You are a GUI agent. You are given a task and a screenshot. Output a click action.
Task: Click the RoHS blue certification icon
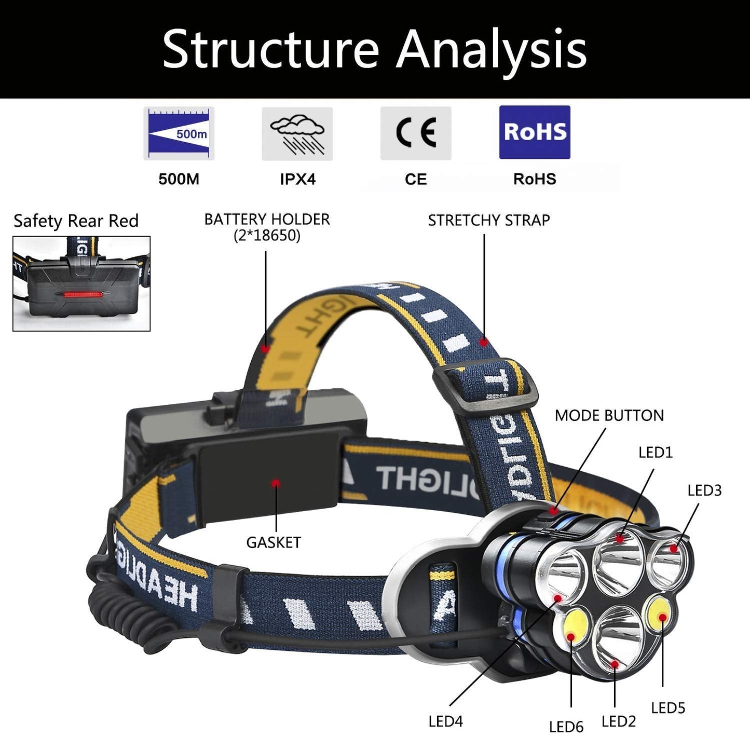(535, 132)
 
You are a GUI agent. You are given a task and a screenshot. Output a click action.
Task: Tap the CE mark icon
(416, 133)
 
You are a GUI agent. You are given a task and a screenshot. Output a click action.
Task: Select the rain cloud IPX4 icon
(297, 134)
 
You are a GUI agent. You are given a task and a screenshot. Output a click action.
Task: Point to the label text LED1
(656, 453)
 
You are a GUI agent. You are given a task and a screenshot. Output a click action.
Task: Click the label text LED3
(704, 490)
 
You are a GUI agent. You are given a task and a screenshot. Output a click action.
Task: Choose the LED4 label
(445, 721)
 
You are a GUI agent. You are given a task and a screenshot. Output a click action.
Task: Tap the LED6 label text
(566, 727)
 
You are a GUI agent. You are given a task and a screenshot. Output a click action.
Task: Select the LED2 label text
(619, 721)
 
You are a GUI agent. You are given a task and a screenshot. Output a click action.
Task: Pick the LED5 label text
(668, 708)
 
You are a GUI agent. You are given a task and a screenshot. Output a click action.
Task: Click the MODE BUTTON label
(609, 415)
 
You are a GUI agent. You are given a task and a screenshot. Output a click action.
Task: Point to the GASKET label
(274, 542)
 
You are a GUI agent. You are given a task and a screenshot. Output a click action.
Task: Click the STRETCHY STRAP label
(488, 220)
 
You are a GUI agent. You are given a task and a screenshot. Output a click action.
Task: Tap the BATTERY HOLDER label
(267, 227)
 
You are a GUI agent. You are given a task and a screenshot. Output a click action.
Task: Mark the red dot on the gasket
(276, 483)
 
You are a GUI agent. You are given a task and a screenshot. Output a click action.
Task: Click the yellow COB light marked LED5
(660, 615)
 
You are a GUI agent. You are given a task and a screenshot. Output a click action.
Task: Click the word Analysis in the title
(492, 49)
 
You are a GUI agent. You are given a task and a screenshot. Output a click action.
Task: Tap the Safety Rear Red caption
(76, 221)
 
